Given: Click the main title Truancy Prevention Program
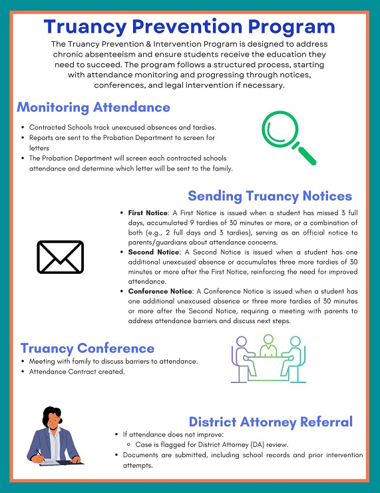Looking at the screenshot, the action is (x=190, y=27).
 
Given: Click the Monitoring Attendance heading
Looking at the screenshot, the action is (x=93, y=107).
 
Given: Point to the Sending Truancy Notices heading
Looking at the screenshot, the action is (x=270, y=196).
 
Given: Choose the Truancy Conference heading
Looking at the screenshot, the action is (x=87, y=348).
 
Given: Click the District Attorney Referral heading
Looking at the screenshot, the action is (x=271, y=422).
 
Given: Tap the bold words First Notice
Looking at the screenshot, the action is (x=148, y=213).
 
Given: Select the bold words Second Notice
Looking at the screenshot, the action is (x=153, y=252).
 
